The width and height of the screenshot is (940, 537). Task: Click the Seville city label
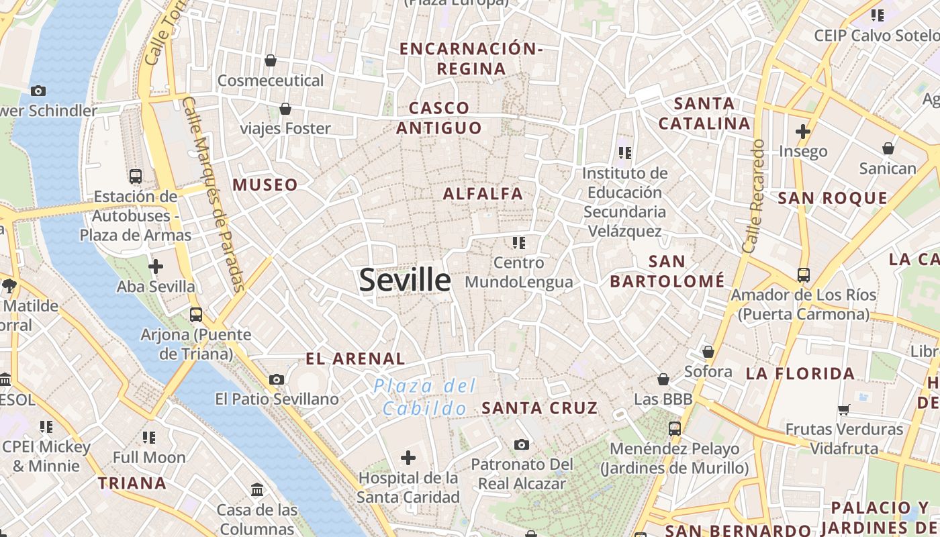coord(405,279)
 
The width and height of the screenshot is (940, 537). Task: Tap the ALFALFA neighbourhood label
coord(483,194)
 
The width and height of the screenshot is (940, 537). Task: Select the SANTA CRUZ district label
coord(540,408)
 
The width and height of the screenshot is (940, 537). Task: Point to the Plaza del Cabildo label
coord(425,397)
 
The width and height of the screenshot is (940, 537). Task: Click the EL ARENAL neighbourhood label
coord(355,359)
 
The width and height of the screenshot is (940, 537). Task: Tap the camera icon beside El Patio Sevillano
coord(276,380)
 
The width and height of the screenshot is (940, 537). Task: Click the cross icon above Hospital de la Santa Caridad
coord(408,458)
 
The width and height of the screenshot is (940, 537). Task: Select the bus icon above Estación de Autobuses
coord(136,177)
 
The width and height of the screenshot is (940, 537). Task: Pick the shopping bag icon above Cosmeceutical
coord(271,61)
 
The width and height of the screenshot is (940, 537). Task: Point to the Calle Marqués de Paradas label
coord(214,195)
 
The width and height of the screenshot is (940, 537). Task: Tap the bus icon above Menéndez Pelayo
coord(675,428)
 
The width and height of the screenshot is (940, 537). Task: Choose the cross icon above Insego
coord(803,132)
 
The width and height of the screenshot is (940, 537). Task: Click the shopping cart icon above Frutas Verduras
coord(844,409)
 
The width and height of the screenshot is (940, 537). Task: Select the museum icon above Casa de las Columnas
coord(257,490)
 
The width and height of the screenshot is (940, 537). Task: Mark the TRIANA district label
coord(132,483)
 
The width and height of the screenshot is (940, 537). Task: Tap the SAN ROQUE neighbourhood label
coord(833,198)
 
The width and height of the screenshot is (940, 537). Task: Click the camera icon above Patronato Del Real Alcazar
coord(522,444)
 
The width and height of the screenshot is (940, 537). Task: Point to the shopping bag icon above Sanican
coord(888,148)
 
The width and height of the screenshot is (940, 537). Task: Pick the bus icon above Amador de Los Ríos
coord(804,275)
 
